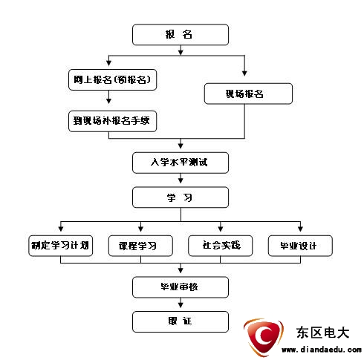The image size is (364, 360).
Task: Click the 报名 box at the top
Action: point(181,35)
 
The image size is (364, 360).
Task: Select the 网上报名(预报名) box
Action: point(112,79)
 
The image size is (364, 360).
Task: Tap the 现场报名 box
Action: point(248,94)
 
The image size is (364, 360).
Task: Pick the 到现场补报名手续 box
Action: point(112,121)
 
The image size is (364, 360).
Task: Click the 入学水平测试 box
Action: point(181,163)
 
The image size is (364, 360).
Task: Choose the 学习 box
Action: point(181,197)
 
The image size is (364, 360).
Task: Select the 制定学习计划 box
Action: point(61,246)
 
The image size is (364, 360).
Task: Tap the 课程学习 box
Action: point(140,246)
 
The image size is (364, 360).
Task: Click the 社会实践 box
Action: point(221,246)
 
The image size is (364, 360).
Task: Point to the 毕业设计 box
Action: point(300,246)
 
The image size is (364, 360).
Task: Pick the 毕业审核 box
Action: point(181,287)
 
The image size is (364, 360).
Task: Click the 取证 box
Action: point(181,321)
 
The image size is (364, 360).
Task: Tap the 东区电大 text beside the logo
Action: point(322,333)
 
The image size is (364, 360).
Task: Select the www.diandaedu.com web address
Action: point(322,350)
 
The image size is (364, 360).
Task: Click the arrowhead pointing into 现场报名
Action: point(244,73)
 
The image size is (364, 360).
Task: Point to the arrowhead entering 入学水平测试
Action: point(181,146)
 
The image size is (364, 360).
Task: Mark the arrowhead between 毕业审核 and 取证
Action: point(181,305)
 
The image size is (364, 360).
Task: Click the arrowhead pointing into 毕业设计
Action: point(300,229)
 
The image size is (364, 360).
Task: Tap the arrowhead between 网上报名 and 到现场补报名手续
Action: point(108,101)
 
